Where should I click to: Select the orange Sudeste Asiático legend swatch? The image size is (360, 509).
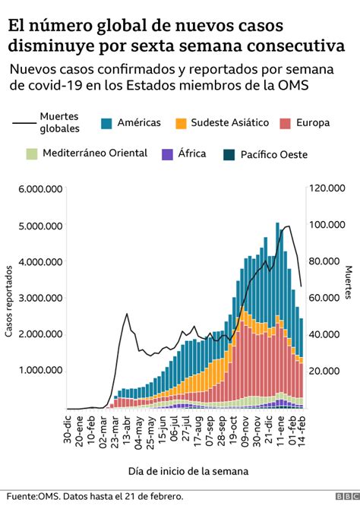182,122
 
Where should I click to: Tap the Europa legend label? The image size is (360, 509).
313,122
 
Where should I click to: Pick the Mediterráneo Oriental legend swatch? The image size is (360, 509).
31,154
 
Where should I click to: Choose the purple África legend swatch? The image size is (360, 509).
169,154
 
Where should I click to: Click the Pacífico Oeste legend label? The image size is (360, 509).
273,154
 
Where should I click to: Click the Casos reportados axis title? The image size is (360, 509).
9,299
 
